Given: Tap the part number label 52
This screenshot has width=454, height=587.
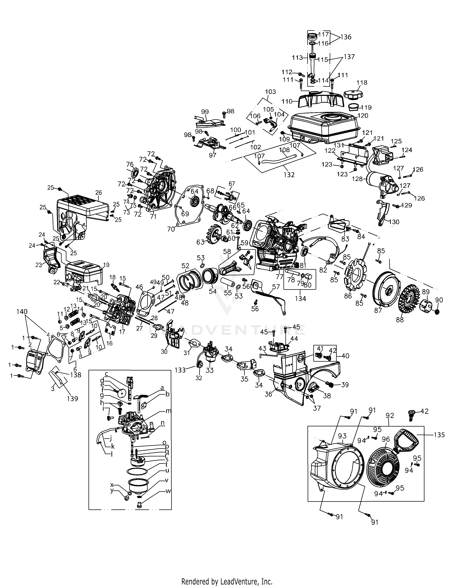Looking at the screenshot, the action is click(x=185, y=266).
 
